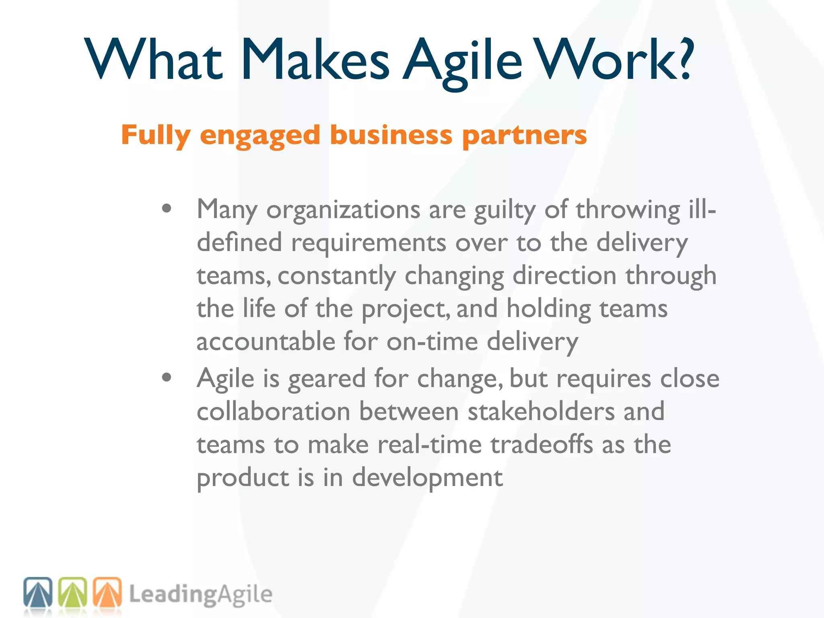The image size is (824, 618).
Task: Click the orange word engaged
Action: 260,136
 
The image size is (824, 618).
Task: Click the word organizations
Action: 343,210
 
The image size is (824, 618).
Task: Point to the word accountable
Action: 266,342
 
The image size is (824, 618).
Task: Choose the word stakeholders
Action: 541,412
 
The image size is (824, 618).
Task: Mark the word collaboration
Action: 274,412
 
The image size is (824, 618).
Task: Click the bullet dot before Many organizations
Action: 167,208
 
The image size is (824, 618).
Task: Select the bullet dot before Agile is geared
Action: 167,377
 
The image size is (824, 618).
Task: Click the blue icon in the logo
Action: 38,592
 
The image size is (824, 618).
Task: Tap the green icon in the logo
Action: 73,592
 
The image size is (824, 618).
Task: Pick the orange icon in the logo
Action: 107,592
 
